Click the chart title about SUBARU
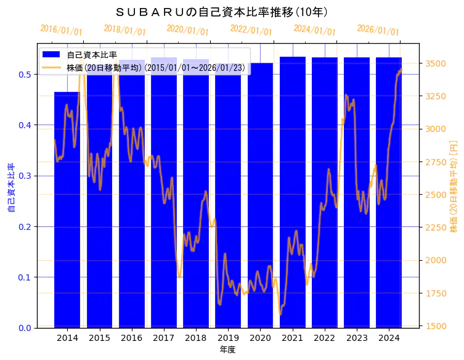point(221,12)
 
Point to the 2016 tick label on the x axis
point(131,338)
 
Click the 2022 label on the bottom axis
point(324,338)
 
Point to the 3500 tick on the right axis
point(436,63)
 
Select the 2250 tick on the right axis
point(436,227)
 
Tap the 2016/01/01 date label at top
point(61,30)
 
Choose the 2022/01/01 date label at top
point(251,30)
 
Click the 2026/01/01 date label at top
point(378,30)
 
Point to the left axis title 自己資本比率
point(10,188)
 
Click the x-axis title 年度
point(227,350)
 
